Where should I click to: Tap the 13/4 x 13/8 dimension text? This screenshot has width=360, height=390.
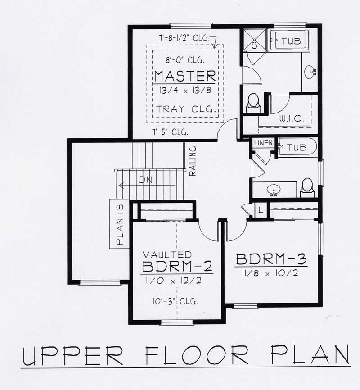[x=185, y=90]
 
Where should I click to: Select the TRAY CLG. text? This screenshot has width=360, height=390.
[x=185, y=109]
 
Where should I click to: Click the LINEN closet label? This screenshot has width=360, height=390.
[x=262, y=143]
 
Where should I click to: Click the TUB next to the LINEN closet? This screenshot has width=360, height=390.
[x=297, y=147]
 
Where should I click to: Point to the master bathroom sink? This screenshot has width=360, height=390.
[x=310, y=71]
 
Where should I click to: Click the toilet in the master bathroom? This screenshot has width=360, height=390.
[x=253, y=102]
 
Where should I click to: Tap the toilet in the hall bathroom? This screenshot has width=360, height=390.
[x=307, y=187]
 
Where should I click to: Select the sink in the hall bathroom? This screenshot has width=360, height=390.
[x=273, y=191]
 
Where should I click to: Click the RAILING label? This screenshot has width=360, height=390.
[x=193, y=160]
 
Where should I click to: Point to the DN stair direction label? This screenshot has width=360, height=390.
[x=145, y=180]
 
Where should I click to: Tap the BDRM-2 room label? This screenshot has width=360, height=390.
[x=177, y=267]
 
